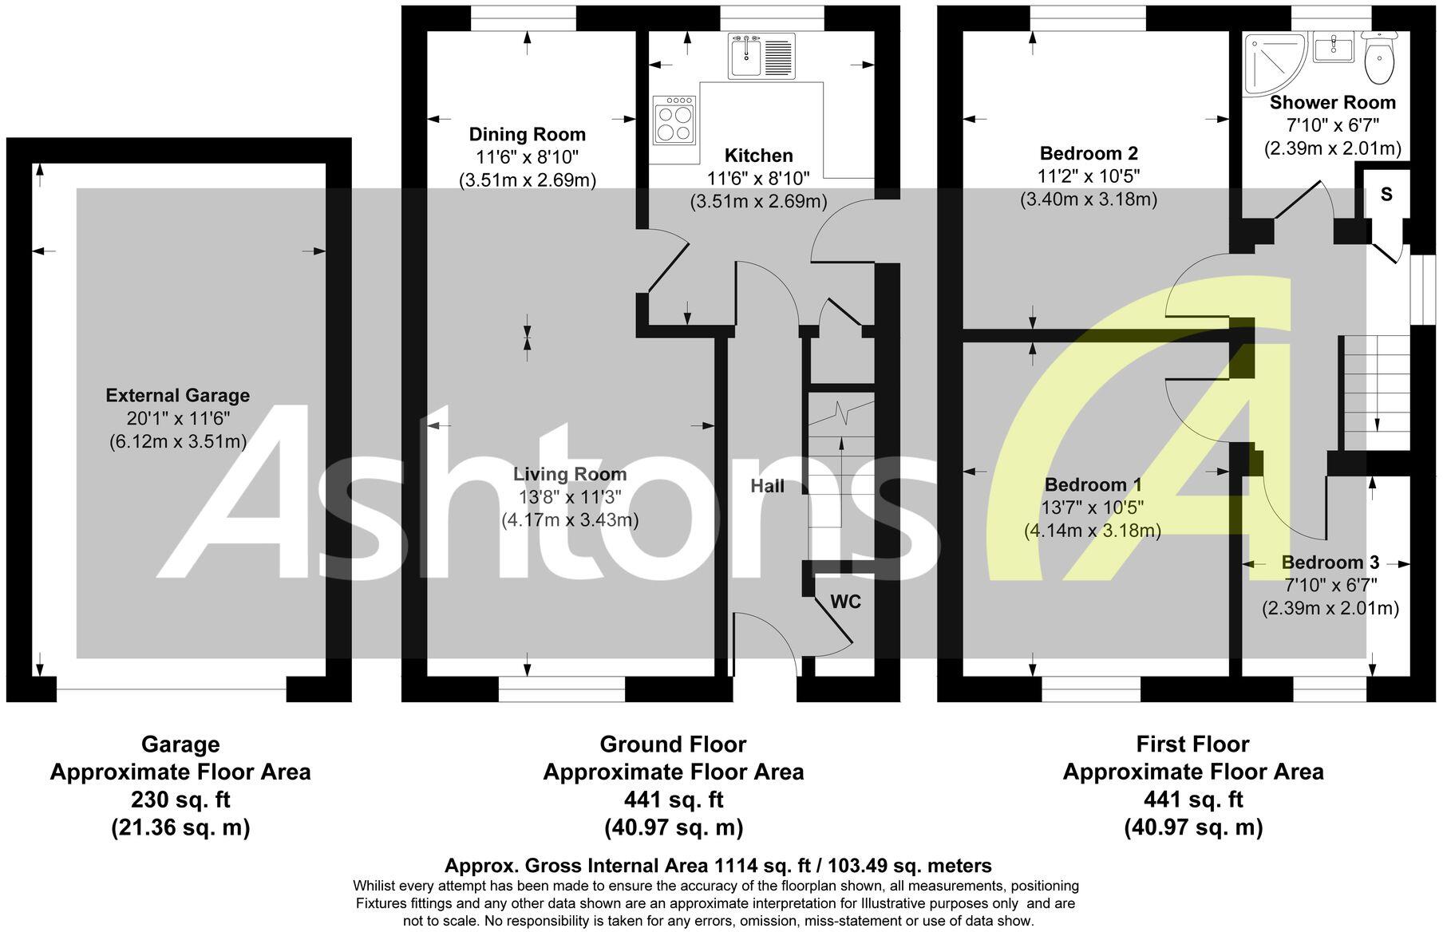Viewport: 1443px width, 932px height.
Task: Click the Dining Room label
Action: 527,134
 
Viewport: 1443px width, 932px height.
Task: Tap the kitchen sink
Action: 761,56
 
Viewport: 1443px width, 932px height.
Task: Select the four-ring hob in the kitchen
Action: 674,120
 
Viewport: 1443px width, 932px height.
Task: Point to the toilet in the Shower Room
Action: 1379,57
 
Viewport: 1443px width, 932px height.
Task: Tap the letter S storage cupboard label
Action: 1386,194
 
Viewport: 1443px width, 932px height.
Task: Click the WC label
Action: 846,602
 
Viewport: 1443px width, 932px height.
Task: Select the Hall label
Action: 767,486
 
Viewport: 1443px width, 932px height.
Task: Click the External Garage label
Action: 178,395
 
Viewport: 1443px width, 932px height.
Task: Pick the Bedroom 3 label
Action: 1330,562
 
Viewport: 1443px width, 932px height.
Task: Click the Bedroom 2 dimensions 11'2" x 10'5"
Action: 1089,176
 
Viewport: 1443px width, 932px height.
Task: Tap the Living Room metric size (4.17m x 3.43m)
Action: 570,520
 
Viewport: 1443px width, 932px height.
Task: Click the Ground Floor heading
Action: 673,744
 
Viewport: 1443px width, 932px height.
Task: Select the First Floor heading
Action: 1192,744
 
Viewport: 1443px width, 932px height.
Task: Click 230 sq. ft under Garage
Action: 180,800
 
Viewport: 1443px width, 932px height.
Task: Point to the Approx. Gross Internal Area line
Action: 718,866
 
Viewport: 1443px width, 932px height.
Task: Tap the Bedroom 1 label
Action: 1093,484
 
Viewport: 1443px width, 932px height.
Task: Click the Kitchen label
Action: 758,155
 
